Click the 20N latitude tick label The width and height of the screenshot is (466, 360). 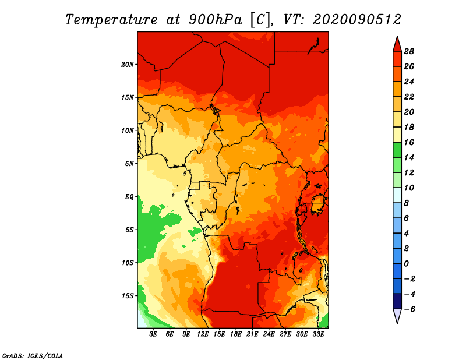127,65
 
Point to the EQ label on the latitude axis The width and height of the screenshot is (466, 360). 129,197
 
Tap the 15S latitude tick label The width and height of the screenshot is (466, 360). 128,296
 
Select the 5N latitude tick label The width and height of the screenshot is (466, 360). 129,164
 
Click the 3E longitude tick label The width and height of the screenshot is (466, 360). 153,334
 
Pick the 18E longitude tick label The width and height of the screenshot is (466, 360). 236,334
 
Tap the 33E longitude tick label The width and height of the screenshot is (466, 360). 318,334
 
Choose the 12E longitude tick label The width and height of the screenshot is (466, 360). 203,334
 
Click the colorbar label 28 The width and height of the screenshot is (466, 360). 409,51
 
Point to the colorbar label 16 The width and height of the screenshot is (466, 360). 409,142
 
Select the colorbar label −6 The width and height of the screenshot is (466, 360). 409,309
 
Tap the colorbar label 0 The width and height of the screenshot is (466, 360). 406,264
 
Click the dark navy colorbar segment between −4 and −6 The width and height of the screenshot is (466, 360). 397,301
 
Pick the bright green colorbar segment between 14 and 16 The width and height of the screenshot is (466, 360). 397,150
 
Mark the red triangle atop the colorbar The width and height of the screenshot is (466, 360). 397,45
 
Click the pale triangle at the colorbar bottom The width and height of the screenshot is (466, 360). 397,316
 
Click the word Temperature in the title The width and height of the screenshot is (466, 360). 111,20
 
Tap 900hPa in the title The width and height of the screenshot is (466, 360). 215,20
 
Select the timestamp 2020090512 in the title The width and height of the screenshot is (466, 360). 356,20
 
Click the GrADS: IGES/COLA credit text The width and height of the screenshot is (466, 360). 33,356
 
